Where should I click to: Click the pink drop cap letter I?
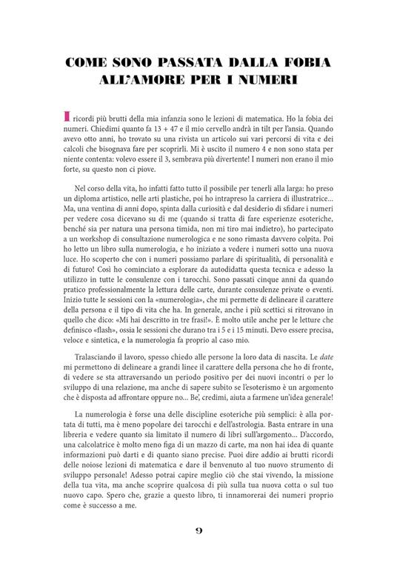click(x=69, y=117)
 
